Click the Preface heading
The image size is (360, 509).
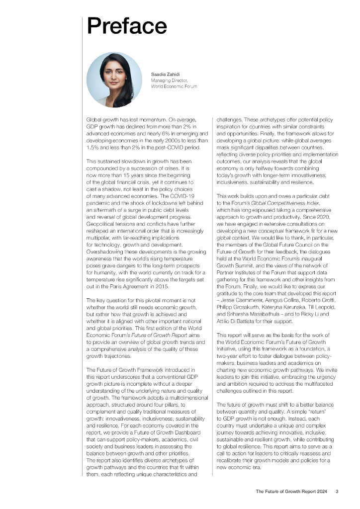click(127, 26)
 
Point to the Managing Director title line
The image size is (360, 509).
click(169, 80)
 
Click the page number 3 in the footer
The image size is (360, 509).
click(337, 492)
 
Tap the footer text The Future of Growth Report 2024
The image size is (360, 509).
click(291, 492)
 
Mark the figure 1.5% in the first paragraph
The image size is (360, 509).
click(93, 148)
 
